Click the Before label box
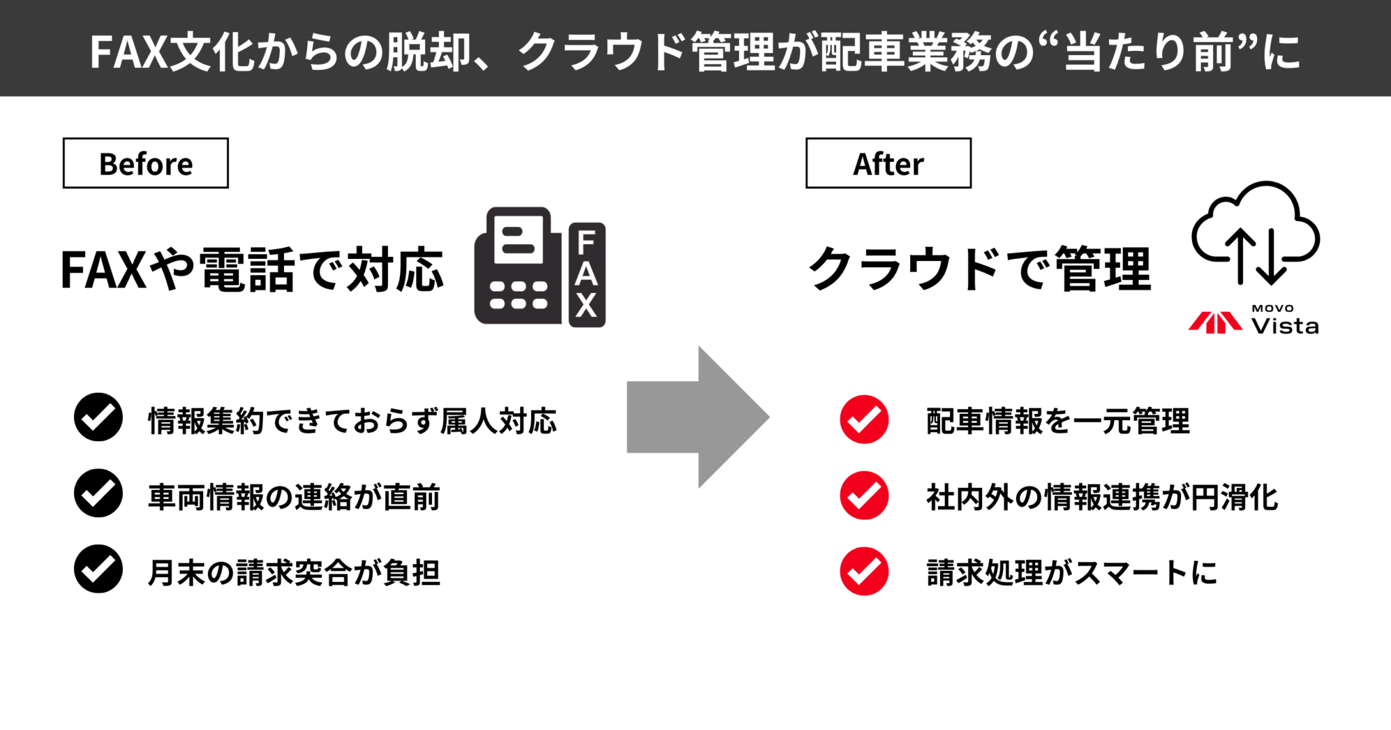pyautogui.click(x=145, y=163)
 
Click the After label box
pyautogui.click(x=888, y=163)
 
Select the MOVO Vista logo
pyautogui.click(x=1254, y=320)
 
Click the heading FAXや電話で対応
pyautogui.click(x=252, y=270)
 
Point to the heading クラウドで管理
pyautogui.click(x=979, y=270)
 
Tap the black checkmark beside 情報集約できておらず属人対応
pyautogui.click(x=98, y=417)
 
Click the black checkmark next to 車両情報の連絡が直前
pyautogui.click(x=98, y=493)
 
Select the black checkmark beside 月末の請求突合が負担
pyautogui.click(x=98, y=570)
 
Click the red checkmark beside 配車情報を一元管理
pyautogui.click(x=864, y=419)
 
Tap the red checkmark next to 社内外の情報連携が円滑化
pyautogui.click(x=864, y=496)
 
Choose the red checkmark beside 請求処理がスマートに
pyautogui.click(x=864, y=572)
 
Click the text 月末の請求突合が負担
pyautogui.click(x=294, y=572)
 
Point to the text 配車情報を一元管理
pyautogui.click(x=1058, y=421)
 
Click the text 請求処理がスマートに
pyautogui.click(x=1071, y=572)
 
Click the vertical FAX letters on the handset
pyautogui.click(x=586, y=275)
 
